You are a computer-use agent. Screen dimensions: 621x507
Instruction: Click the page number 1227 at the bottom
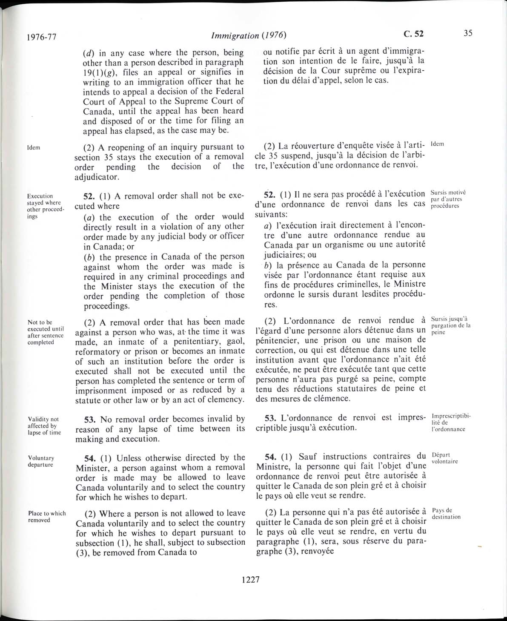250,579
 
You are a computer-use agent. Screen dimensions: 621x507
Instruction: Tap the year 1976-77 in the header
41,37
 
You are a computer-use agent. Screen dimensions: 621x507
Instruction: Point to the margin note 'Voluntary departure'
41,461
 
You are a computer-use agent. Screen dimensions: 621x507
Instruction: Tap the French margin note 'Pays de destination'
446,514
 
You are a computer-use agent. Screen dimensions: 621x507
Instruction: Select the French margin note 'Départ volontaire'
444,458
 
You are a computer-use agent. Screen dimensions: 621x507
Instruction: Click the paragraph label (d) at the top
90,53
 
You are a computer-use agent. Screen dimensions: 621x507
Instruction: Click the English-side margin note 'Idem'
34,147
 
